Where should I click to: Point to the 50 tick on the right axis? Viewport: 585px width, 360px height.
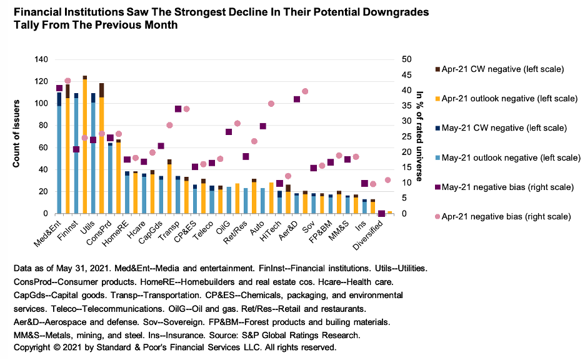[x=406, y=59]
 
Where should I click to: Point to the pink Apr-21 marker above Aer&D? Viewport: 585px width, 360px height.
[x=305, y=91]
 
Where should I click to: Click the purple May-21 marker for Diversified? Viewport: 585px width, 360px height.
[x=381, y=214]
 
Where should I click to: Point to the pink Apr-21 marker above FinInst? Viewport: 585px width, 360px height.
[x=67, y=81]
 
